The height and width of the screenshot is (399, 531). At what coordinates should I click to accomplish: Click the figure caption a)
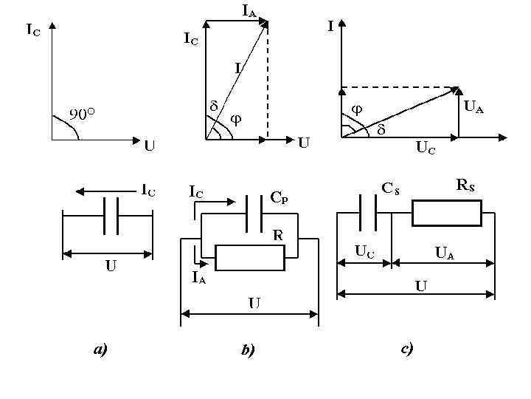[100, 349]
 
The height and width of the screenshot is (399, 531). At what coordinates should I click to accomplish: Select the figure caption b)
[248, 350]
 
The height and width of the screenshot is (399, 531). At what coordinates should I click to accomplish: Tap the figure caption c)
[406, 348]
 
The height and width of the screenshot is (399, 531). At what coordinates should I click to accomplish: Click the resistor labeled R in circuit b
[250, 258]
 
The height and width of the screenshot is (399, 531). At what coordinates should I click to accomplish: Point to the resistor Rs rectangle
[446, 213]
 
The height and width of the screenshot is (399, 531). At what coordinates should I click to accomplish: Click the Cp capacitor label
[280, 197]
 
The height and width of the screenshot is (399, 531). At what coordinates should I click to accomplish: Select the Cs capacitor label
[390, 188]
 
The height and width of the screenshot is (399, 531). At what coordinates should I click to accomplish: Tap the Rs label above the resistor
[465, 185]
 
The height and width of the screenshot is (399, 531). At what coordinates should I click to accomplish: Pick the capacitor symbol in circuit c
[367, 212]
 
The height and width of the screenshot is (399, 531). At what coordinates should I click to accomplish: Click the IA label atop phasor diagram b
[249, 9]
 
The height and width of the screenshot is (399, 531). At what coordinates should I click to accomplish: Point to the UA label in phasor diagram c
[473, 108]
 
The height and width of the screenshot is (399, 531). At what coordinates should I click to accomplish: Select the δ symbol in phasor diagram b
[213, 106]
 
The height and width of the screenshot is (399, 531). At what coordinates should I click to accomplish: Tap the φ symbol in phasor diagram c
[357, 109]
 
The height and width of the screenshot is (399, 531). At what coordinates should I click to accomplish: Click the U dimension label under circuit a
[109, 266]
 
